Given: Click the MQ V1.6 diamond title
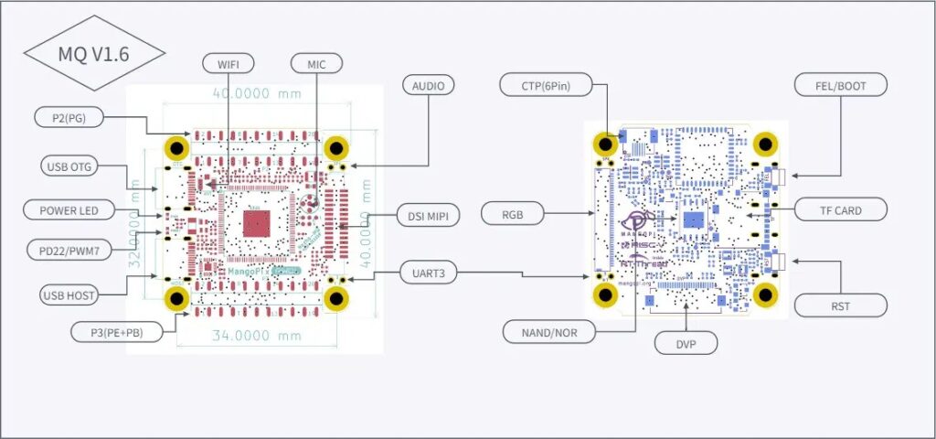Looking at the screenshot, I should pyautogui.click(x=93, y=53).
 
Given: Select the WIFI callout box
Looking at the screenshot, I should pyautogui.click(x=228, y=63).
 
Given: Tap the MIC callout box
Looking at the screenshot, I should pyautogui.click(x=315, y=63).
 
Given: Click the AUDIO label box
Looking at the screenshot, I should pyautogui.click(x=429, y=86).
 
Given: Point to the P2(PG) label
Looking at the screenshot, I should pyautogui.click(x=69, y=116).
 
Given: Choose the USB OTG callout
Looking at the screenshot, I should pyautogui.click(x=69, y=166).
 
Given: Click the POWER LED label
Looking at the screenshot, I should pyautogui.click(x=69, y=209).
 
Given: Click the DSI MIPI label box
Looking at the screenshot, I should pyautogui.click(x=428, y=216).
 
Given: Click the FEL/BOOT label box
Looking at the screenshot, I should pyautogui.click(x=840, y=86).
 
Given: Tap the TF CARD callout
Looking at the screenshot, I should pyautogui.click(x=840, y=210).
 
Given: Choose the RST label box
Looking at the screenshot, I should pyautogui.click(x=840, y=305).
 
